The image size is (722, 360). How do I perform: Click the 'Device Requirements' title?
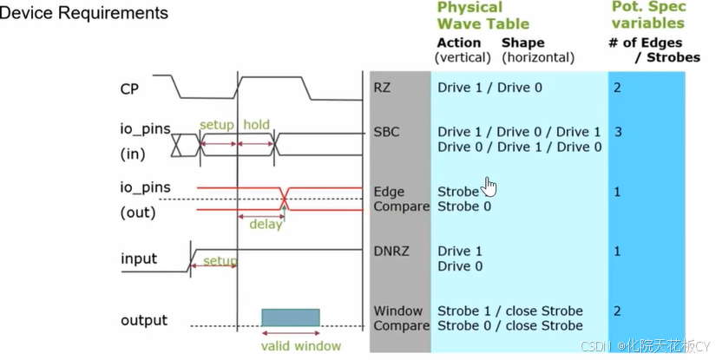click(x=84, y=13)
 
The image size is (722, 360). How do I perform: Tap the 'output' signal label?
click(x=143, y=320)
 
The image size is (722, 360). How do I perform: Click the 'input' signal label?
click(x=139, y=259)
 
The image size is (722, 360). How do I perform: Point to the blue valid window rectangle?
click(x=290, y=317)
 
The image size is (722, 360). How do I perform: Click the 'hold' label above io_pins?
click(x=256, y=125)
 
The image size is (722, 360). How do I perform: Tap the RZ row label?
click(x=382, y=88)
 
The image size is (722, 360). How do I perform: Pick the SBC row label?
click(x=385, y=132)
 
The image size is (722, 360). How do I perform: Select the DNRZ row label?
click(x=390, y=251)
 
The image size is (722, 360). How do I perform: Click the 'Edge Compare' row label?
click(x=401, y=199)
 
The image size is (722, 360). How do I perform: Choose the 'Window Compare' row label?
click(x=401, y=317)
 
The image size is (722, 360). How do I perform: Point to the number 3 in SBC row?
click(x=618, y=132)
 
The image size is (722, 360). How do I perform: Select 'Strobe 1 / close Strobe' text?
click(x=510, y=311)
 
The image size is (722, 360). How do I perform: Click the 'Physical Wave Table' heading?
click(x=482, y=16)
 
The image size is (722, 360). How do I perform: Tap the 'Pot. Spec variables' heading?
click(x=648, y=16)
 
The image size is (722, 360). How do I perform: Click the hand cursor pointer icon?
click(x=490, y=187)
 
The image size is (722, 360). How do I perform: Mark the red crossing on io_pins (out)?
click(x=284, y=199)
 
